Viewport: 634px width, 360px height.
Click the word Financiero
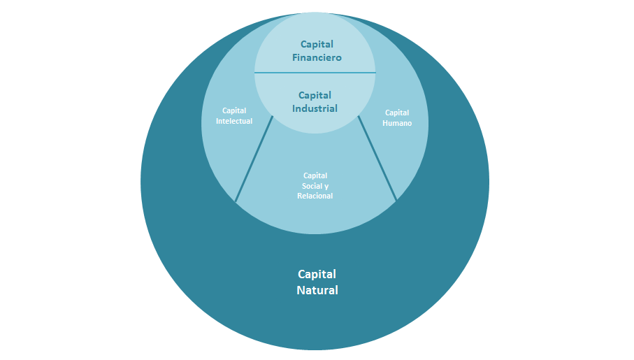(x=317, y=57)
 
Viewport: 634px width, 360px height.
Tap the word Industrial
(x=315, y=108)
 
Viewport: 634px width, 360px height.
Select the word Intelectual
(x=234, y=121)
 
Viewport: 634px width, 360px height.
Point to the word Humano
(x=397, y=123)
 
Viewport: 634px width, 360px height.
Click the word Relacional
(x=315, y=196)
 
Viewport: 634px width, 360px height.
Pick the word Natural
(x=317, y=290)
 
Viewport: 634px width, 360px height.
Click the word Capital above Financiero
(x=317, y=44)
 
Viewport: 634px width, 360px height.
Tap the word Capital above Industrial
(x=315, y=95)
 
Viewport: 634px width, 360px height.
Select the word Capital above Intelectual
(x=234, y=110)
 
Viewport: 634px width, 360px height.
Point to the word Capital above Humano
(x=397, y=113)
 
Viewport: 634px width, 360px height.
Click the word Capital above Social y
(x=315, y=175)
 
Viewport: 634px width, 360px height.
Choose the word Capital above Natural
(x=317, y=274)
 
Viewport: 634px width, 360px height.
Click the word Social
(x=310, y=186)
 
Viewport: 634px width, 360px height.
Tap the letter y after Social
(x=326, y=186)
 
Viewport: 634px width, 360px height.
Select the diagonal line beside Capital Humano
(x=377, y=159)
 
